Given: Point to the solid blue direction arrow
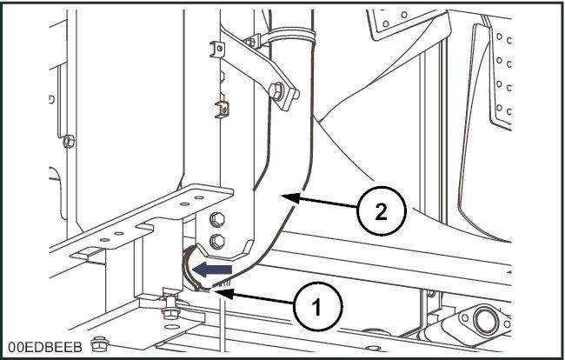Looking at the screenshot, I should (x=205, y=270).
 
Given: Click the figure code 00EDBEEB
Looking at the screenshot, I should (x=46, y=347).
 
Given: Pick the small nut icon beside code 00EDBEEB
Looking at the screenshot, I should (x=98, y=347).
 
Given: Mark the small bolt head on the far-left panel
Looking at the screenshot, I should (x=69, y=136).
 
